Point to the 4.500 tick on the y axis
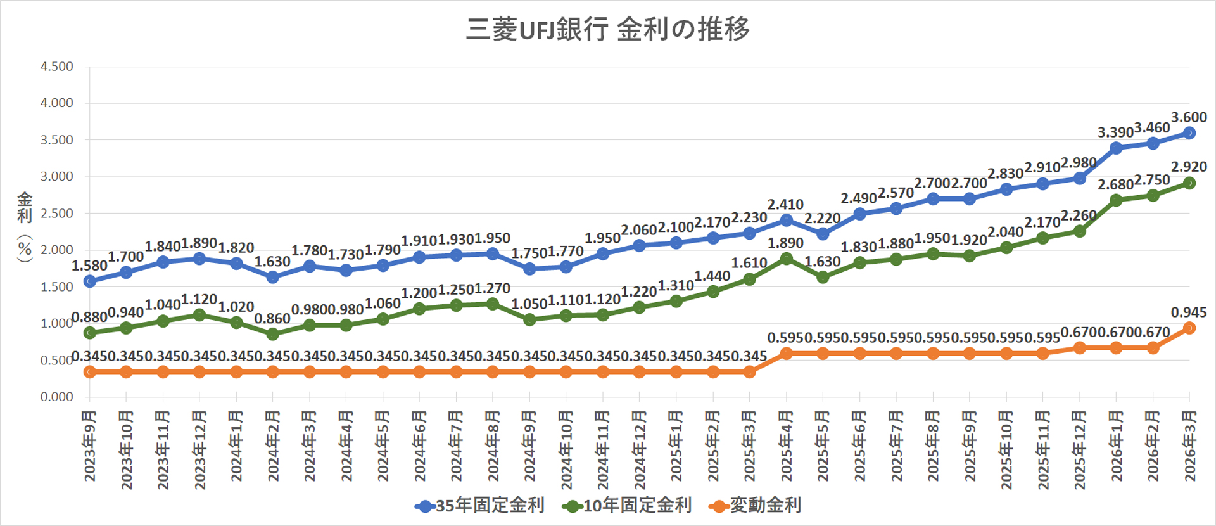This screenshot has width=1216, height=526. [57, 67]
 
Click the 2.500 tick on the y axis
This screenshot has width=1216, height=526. [57, 214]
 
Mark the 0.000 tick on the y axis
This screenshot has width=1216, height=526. [57, 397]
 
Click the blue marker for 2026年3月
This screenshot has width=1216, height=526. [1189, 133]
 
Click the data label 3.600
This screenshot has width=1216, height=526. [1189, 117]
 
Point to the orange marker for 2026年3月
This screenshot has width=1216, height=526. [1189, 328]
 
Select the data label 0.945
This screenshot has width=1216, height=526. [1189, 312]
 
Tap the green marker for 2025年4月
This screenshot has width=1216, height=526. [787, 259]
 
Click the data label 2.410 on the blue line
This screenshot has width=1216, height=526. [785, 205]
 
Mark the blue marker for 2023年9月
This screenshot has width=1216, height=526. [90, 281]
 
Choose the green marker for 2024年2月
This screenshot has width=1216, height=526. [273, 334]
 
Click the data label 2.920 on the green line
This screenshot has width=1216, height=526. [1189, 167]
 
